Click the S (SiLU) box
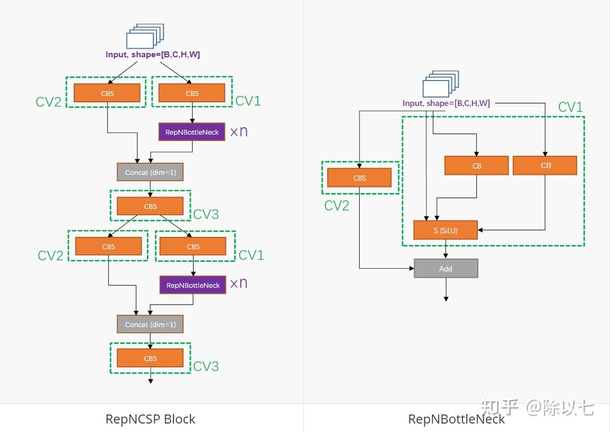[446, 230]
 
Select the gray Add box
[446, 269]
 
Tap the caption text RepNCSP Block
[150, 419]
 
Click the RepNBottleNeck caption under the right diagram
[456, 419]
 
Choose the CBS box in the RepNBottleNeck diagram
[359, 178]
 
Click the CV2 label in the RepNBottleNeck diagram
[337, 206]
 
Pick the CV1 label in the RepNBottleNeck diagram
[570, 108]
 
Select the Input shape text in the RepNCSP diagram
[153, 55]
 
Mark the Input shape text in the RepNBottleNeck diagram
[446, 103]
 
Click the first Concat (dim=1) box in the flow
[150, 172]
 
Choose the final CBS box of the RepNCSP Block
[150, 358]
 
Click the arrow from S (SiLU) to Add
[446, 249]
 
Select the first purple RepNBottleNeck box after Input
[192, 132]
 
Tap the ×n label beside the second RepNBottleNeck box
[239, 283]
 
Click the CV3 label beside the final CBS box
[206, 366]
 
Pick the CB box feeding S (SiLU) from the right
[545, 165]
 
